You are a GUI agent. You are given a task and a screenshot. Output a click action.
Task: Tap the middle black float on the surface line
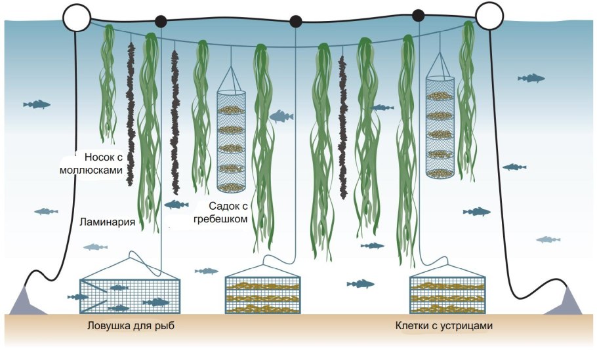pyautogui.click(x=296, y=21)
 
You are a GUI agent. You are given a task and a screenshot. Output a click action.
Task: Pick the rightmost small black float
pyautogui.click(x=418, y=14)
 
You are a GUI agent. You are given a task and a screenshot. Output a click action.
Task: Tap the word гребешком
pyautogui.click(x=220, y=219)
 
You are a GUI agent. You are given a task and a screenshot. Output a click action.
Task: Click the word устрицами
pyautogui.click(x=465, y=326)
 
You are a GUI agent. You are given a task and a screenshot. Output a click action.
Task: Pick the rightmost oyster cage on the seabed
pyautogui.click(x=447, y=294)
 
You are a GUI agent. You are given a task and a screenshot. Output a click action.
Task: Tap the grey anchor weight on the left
pyautogui.click(x=28, y=302)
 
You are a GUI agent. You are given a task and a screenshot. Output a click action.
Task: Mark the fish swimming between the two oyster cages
pyautogui.click(x=360, y=283)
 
